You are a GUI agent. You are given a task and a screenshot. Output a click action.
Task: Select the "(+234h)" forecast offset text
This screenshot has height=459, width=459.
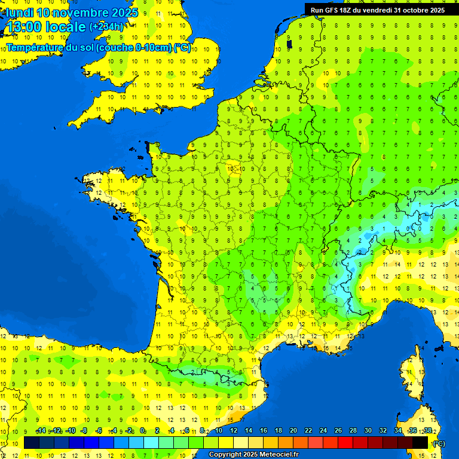[106, 27]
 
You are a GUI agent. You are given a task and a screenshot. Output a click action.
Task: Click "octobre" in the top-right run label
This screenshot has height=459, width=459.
[412, 10]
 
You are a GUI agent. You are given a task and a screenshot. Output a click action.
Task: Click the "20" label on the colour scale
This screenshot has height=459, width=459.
[293, 431]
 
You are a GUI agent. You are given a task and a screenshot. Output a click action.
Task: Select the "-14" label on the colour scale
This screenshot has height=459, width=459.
[41, 431]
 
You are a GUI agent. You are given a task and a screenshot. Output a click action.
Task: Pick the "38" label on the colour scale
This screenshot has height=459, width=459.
[427, 431]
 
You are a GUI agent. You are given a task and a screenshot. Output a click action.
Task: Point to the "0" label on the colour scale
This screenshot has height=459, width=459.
[143, 431]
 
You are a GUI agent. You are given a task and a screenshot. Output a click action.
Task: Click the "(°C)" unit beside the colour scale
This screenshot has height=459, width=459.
[439, 443]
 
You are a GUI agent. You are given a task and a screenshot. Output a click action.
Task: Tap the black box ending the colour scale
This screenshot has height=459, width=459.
[421, 443]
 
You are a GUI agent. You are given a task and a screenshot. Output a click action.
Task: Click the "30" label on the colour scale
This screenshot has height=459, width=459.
[368, 431]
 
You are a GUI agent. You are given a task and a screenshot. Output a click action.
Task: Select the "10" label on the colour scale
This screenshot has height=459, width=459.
[218, 431]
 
